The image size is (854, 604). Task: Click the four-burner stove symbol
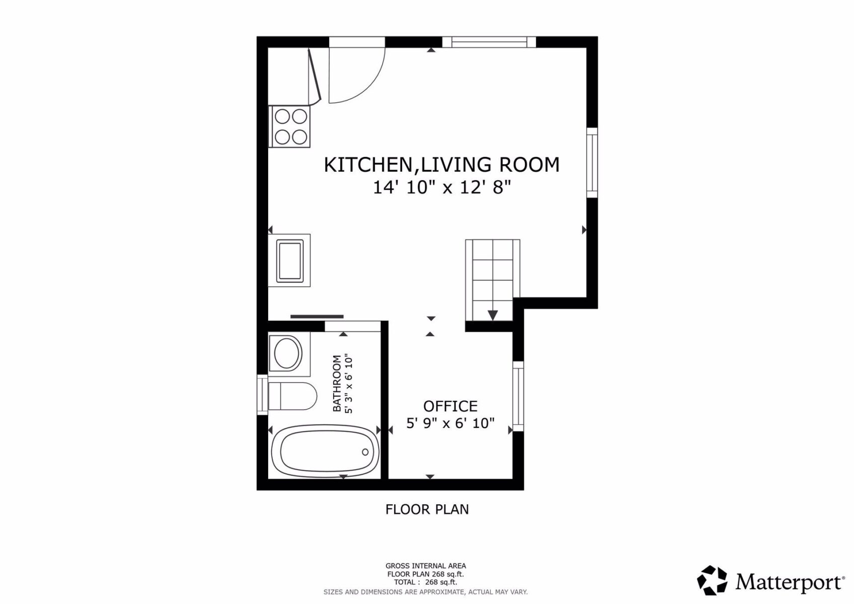tap(289, 127)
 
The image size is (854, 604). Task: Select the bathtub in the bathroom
tap(325, 451)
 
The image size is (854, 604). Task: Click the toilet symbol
tap(291, 396)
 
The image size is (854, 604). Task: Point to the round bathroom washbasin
tap(287, 354)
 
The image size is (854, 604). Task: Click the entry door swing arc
tap(357, 75)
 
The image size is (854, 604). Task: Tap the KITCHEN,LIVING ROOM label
tap(441, 165)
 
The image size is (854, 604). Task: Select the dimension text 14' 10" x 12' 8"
tap(441, 188)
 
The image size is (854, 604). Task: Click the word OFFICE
tap(450, 406)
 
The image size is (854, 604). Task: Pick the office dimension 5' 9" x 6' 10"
tap(450, 423)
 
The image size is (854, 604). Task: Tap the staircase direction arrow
tap(493, 315)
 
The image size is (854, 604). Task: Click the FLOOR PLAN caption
tap(427, 509)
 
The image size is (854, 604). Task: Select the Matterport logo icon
tap(712, 580)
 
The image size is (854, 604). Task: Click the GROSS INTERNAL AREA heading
tap(425, 566)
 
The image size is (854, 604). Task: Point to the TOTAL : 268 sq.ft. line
tap(425, 582)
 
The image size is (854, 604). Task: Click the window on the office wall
tap(518, 396)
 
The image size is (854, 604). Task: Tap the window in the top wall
tap(489, 42)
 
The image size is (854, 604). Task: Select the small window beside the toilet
tap(262, 395)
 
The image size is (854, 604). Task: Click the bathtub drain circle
tap(365, 452)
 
